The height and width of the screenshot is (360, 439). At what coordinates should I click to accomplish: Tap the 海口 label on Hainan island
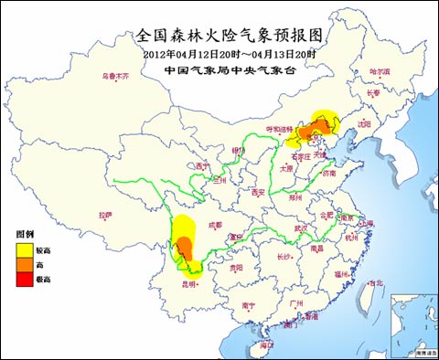pyautogui.click(x=266, y=344)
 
